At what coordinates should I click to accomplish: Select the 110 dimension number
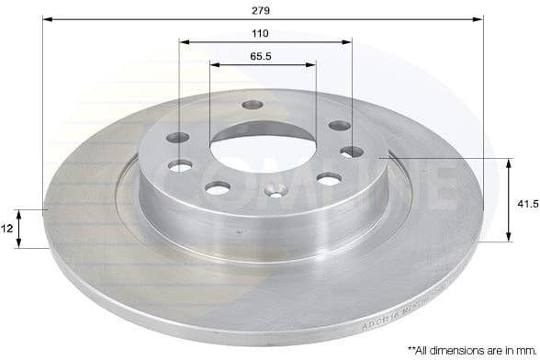261,33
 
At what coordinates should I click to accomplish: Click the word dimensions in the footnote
463,350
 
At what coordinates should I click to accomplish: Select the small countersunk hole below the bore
273,192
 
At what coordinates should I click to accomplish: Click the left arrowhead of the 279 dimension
47,17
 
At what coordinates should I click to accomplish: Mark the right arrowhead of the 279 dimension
478,17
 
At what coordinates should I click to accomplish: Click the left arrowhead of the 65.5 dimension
214,64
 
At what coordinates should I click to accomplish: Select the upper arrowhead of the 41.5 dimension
508,163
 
